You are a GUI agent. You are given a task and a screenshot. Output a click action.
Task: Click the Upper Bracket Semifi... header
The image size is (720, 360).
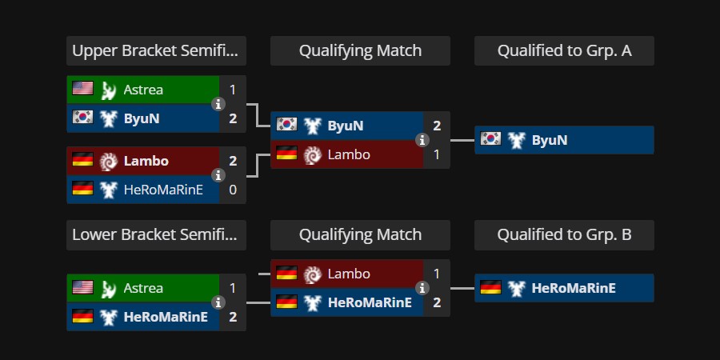point(156,50)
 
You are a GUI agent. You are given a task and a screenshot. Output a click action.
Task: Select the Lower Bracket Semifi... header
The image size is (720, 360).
point(156,234)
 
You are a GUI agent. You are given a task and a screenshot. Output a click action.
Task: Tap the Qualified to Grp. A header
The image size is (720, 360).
point(564,50)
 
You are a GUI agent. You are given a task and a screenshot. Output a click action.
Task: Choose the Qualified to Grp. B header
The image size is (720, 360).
point(564,234)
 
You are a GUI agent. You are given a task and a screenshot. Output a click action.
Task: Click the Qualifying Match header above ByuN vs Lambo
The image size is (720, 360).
point(360,50)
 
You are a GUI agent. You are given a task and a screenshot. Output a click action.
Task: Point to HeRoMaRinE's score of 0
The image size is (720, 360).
point(233,189)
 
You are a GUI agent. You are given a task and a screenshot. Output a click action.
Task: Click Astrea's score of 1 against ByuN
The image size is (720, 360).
point(233,90)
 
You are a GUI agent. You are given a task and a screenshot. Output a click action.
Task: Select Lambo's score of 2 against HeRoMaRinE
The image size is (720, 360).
point(233,161)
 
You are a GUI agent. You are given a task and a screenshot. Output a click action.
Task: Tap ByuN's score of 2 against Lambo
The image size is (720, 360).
point(437,126)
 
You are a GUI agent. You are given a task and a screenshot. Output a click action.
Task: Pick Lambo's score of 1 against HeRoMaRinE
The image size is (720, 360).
point(437,274)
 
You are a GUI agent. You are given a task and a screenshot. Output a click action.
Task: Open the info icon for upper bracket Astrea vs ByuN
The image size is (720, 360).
point(218,104)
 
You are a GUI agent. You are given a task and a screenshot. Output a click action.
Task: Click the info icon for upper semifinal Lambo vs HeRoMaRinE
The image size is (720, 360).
point(218,175)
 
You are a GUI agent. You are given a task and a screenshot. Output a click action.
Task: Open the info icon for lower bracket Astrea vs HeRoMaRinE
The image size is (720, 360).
point(218,302)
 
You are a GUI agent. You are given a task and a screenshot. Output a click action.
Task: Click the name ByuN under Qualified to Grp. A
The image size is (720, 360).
point(550,140)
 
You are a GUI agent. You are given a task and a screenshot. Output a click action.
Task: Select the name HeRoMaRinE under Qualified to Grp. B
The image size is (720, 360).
point(574,288)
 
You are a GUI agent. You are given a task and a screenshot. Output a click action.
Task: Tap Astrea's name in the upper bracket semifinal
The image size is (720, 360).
point(143,90)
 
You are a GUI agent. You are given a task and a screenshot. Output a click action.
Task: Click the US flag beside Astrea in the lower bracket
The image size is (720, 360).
point(82,288)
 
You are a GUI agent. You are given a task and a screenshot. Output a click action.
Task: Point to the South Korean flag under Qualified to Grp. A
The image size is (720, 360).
point(490,140)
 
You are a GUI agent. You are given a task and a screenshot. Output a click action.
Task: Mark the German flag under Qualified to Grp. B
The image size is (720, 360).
point(490,288)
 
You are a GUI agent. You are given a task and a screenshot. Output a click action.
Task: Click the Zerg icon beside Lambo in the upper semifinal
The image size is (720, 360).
point(109,161)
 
